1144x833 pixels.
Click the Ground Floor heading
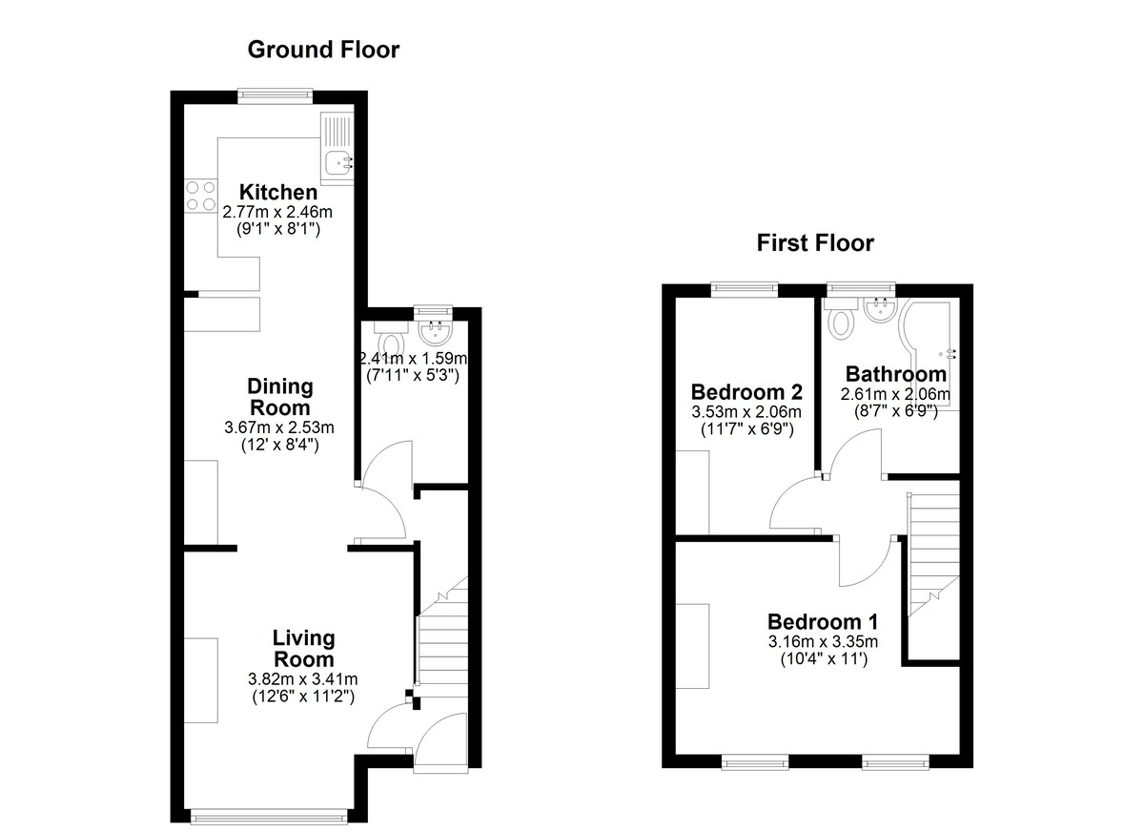tap(323, 50)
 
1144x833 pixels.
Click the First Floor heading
tap(815, 242)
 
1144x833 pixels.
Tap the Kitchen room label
tap(278, 192)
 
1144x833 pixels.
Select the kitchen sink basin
tap(337, 162)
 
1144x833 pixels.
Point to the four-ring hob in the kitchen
tap(201, 197)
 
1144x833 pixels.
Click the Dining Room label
tap(280, 397)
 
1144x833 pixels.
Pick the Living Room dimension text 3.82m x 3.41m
tap(303, 679)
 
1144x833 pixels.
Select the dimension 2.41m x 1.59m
tap(413, 358)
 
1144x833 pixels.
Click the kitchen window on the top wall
tap(276, 95)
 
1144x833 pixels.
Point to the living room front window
tap(269, 816)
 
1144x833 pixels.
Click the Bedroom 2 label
tap(746, 392)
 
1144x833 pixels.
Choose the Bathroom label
tap(896, 374)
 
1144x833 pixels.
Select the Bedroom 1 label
tap(823, 621)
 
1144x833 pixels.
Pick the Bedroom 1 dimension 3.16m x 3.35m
tap(824, 641)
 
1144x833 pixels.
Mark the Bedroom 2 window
tap(745, 289)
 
